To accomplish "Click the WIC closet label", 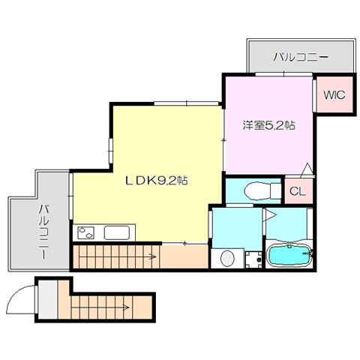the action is [334, 95].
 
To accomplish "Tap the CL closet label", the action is [298, 191].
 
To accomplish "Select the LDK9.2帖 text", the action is [156, 181].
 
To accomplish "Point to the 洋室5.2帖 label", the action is [268, 125].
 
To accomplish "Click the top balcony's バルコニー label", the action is [301, 58].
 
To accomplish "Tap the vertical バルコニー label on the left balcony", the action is [43, 232].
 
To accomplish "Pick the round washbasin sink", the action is [228, 259].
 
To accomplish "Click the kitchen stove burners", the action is [85, 232].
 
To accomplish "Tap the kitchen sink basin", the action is [117, 232].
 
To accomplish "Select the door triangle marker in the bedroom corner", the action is [307, 169].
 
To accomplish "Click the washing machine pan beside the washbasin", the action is [253, 259].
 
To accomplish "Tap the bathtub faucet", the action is [308, 253].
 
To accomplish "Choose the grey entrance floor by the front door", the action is [47, 299].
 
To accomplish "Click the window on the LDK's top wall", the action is [186, 103].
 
